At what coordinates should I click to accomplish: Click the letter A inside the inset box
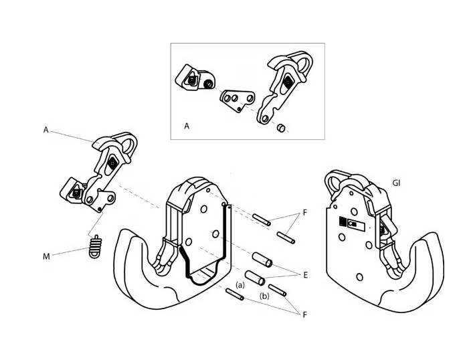pyautogui.click(x=187, y=125)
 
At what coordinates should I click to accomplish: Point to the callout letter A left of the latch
pyautogui.click(x=46, y=130)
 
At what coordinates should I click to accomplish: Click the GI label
pyautogui.click(x=397, y=182)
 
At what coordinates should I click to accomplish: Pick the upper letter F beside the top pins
pyautogui.click(x=304, y=213)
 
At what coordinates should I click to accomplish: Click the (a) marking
pyautogui.click(x=241, y=286)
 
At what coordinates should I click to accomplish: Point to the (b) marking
pyautogui.click(x=264, y=295)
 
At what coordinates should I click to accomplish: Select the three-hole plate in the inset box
pyautogui.click(x=238, y=100)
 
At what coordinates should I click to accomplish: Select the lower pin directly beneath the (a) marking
pyautogui.click(x=235, y=294)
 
